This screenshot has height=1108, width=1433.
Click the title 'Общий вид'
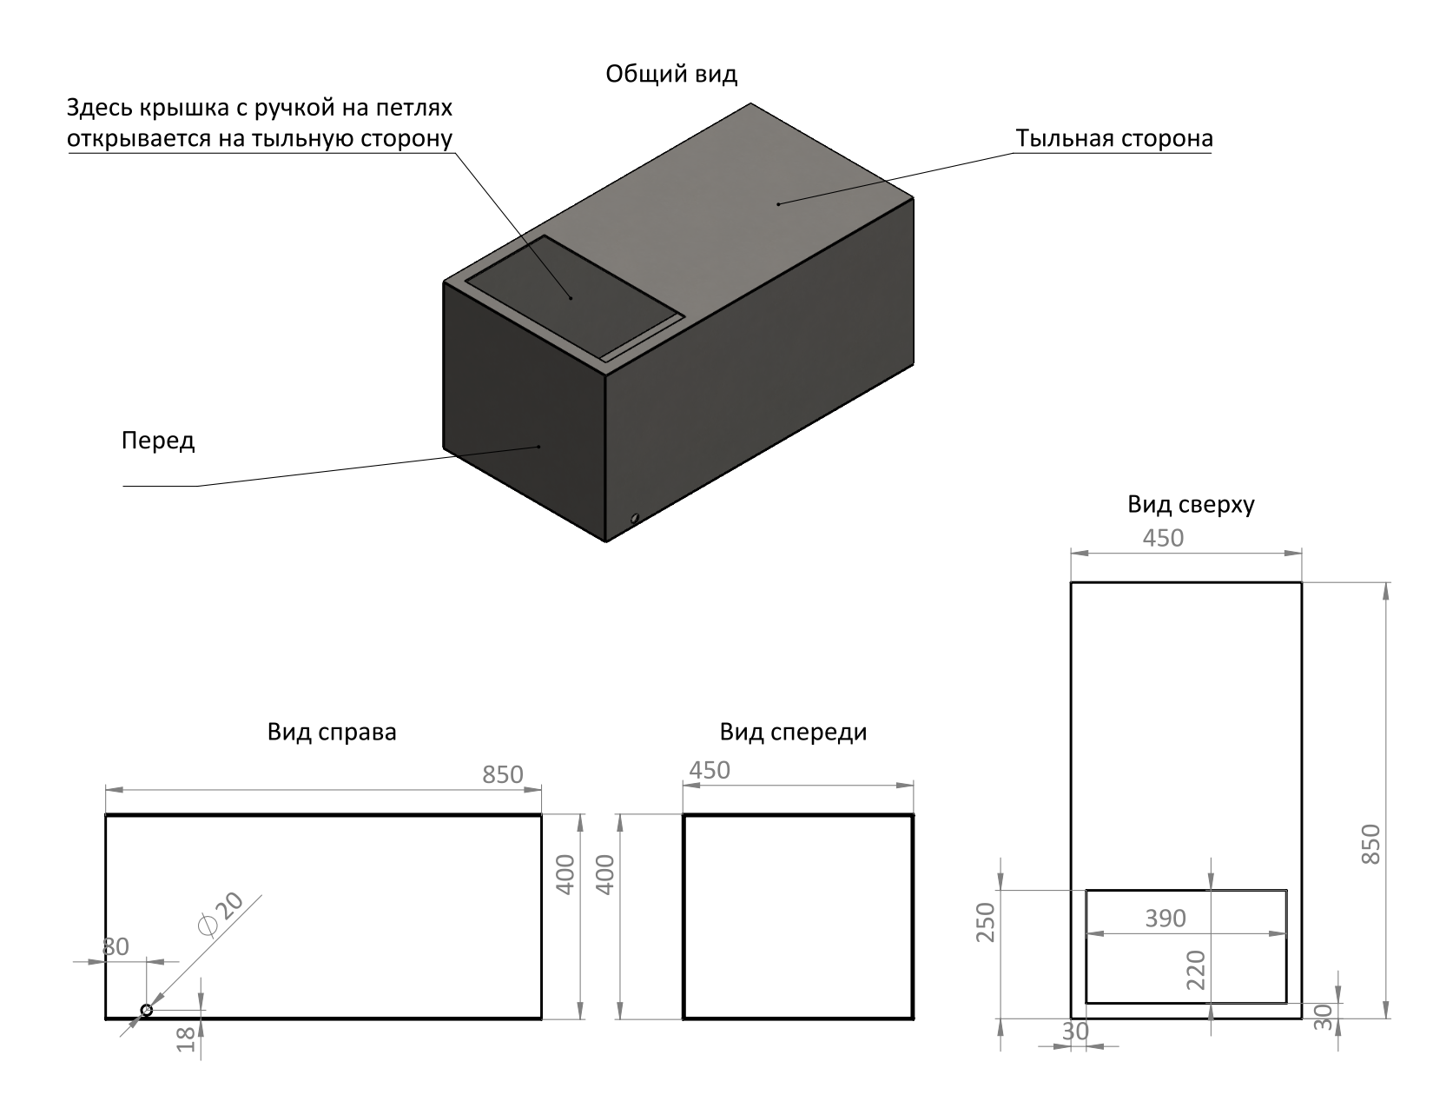(671, 75)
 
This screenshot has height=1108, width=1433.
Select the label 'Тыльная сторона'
(1114, 139)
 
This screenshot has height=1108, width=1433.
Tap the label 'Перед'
(158, 441)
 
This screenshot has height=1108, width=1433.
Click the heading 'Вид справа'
(332, 733)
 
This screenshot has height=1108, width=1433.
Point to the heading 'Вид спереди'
(793, 733)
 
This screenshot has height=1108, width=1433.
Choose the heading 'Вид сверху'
(1191, 505)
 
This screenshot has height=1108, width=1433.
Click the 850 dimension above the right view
(503, 774)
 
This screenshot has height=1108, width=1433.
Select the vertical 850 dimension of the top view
(1370, 843)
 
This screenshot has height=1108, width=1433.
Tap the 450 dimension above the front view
(710, 771)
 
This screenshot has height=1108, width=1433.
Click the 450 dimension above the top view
(1162, 539)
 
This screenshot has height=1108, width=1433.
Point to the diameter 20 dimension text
(221, 915)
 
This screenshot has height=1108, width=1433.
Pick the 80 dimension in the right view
(116, 947)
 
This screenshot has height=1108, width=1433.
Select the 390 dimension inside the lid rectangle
(1165, 919)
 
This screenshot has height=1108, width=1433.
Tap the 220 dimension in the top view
(1196, 971)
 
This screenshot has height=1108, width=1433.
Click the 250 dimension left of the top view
(985, 922)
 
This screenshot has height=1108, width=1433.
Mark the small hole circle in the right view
(147, 1010)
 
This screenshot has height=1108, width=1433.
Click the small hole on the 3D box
(635, 519)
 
